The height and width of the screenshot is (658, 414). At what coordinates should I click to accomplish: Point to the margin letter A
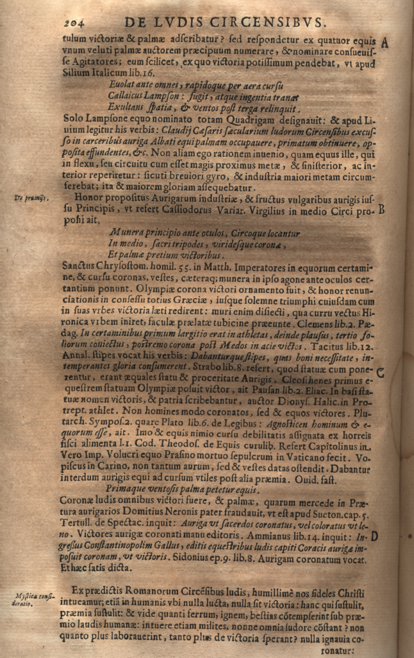click(x=385, y=43)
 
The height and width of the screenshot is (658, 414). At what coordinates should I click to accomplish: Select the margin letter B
click(x=382, y=210)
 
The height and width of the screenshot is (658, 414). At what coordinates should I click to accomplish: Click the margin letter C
click(x=381, y=372)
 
